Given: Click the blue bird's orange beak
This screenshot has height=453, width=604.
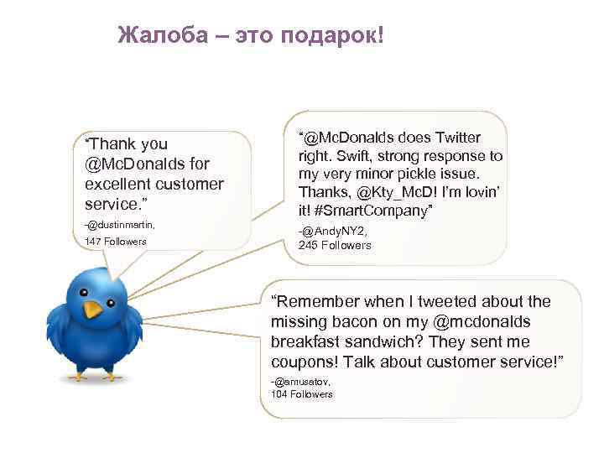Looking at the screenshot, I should coord(93,310).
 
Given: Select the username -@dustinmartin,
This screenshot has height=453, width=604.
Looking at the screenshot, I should coord(120,225).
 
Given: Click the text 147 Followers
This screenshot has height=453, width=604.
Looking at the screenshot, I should coord(116,242).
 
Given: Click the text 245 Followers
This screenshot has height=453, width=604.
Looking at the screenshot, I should coord(335,245).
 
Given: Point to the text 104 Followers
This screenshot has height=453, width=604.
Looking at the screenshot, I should coord(302,393).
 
